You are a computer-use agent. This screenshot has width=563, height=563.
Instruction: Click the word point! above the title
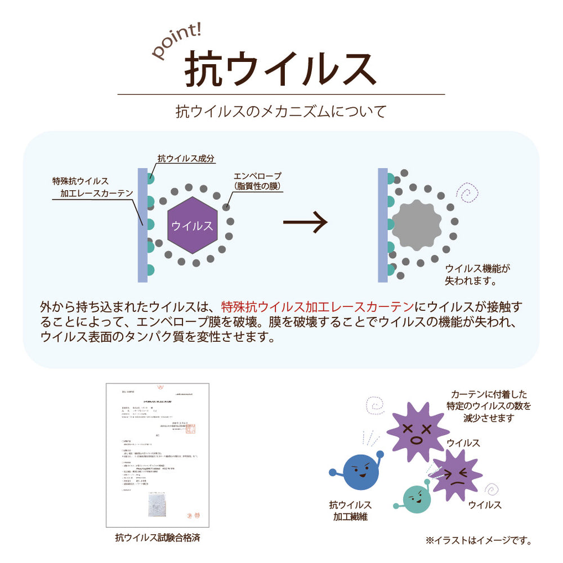point(176,42)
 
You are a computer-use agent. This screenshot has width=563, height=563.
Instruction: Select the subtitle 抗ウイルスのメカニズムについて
point(281,111)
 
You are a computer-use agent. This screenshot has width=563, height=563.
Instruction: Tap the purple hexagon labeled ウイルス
point(192,225)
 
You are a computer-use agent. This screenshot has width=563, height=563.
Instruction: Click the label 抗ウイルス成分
point(186,159)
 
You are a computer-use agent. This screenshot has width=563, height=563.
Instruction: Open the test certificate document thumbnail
point(157,455)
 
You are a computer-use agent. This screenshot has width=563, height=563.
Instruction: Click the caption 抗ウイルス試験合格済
point(157,537)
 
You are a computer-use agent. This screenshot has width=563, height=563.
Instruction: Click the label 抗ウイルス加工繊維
point(350,510)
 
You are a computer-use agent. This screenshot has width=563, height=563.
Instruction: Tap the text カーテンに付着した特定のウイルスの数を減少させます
point(489,406)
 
